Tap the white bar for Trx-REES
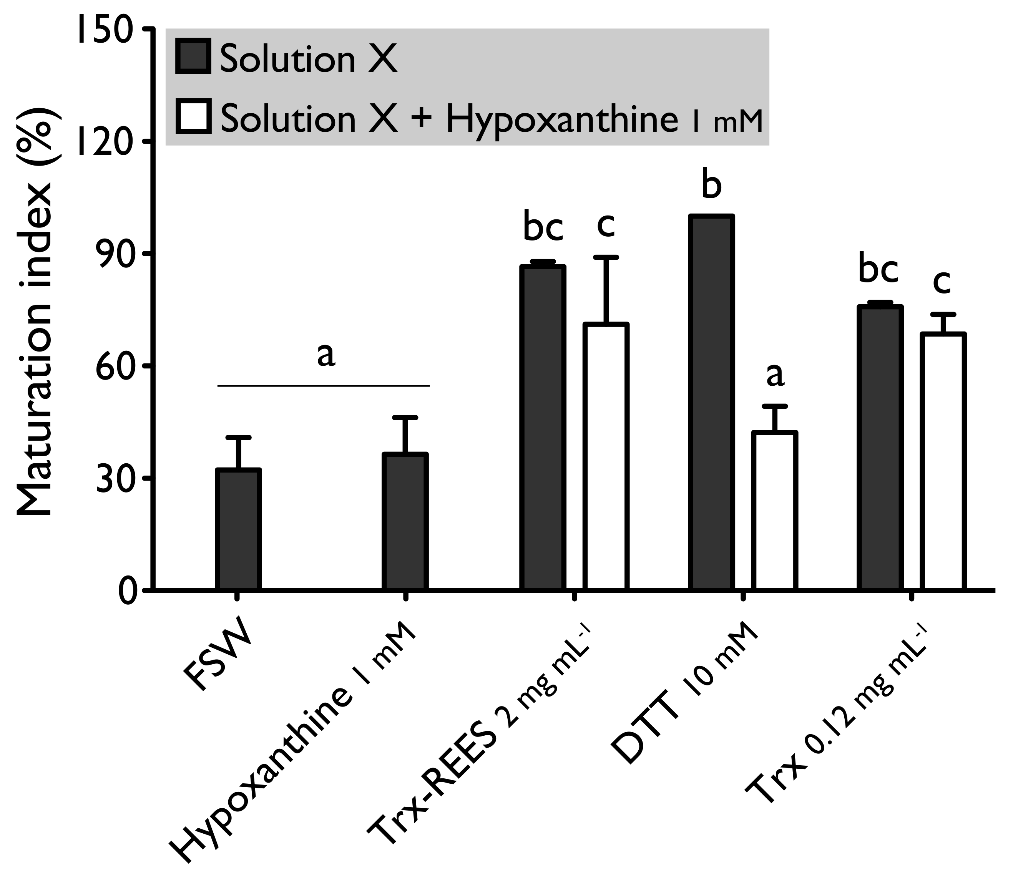pos(606,456)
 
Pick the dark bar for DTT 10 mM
pos(711,402)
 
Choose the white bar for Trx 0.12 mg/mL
pos(943,461)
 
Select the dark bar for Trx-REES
pos(543,427)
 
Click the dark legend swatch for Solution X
pos(193,57)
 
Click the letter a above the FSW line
pos(326,354)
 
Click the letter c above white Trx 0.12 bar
pos(942,282)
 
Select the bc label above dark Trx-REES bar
pos(543,227)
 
